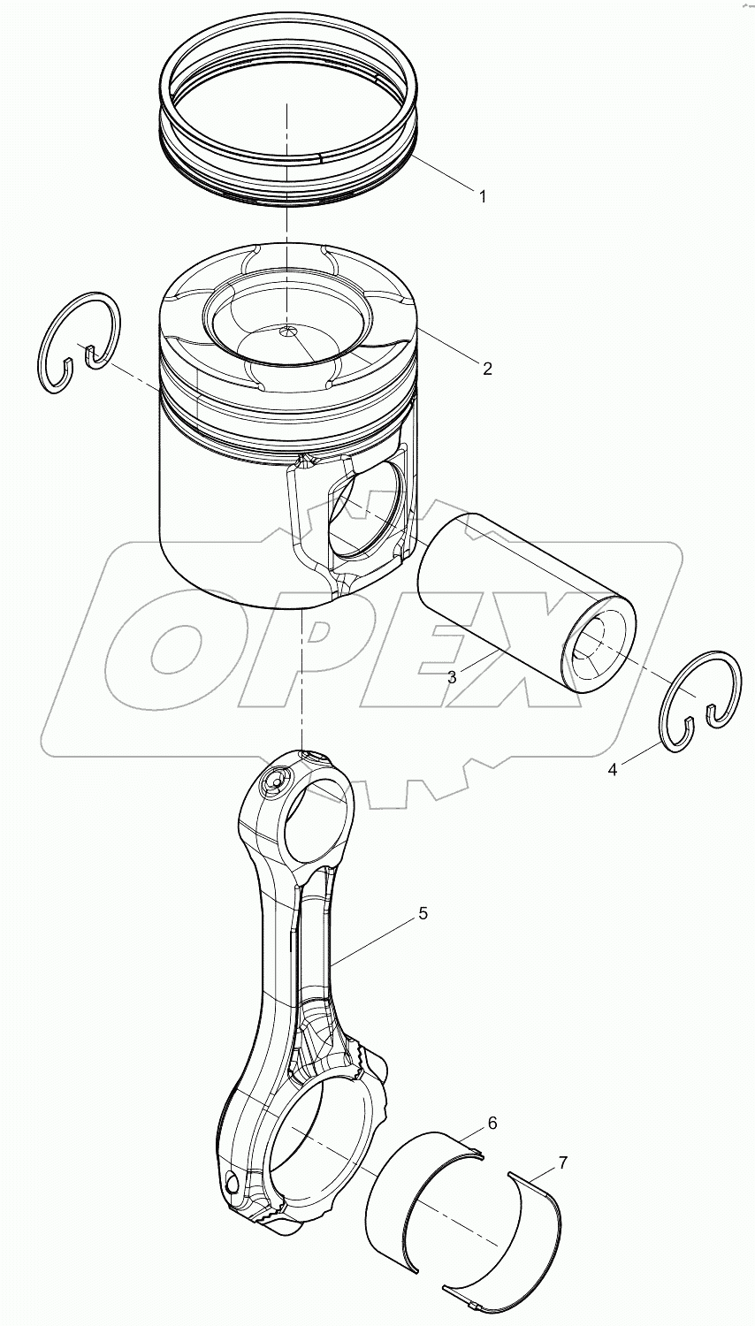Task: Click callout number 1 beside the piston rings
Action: click(x=482, y=196)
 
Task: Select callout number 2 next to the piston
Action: click(x=486, y=369)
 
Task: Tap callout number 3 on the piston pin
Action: click(x=452, y=677)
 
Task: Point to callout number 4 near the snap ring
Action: click(x=612, y=769)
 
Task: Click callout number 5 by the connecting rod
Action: click(x=423, y=912)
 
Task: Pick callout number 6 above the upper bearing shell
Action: click(x=492, y=1124)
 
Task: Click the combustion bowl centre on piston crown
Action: click(x=287, y=332)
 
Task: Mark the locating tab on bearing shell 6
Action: click(x=477, y=1152)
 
